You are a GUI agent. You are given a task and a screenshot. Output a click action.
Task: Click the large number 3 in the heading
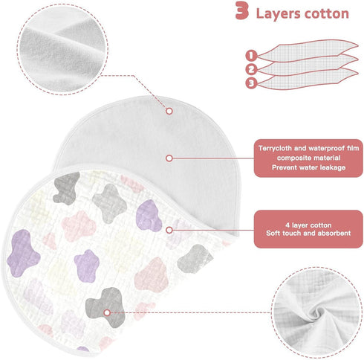(241, 10)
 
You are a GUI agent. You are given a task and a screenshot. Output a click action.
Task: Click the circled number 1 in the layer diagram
(251, 55)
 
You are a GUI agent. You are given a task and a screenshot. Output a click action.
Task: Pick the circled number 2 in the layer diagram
(251, 69)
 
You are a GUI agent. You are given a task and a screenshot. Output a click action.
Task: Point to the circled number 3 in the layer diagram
(251, 83)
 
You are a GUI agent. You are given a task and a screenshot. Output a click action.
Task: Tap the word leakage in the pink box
(333, 167)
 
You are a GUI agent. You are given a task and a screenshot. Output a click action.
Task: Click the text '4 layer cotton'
(308, 225)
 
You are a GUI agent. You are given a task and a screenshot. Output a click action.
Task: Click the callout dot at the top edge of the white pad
(169, 111)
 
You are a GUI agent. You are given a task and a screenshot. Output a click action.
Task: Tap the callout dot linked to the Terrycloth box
(169, 158)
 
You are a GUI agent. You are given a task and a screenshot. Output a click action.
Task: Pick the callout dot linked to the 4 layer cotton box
(169, 230)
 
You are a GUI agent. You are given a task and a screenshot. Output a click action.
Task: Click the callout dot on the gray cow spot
(107, 313)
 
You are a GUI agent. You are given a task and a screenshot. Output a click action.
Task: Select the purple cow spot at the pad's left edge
(23, 253)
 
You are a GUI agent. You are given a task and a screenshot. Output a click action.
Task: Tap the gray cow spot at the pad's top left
(65, 188)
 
